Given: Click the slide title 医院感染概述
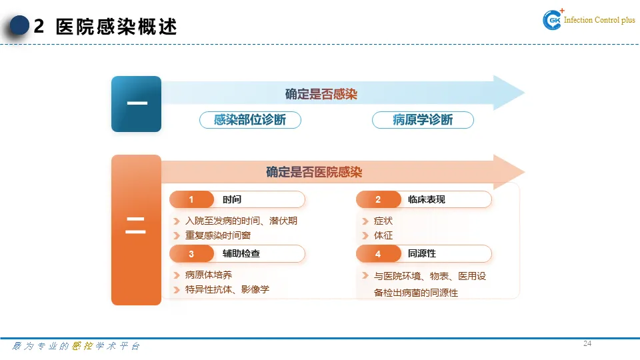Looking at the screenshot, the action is click(117, 27).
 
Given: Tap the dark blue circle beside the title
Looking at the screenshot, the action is click(20, 26).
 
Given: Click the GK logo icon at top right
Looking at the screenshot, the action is click(553, 21).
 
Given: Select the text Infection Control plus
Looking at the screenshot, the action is click(599, 21).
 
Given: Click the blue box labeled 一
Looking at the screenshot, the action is click(136, 104).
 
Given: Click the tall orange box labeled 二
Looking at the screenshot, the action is click(136, 230).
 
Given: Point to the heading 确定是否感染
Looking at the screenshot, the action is click(321, 94).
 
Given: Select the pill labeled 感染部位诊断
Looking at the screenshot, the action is click(250, 120).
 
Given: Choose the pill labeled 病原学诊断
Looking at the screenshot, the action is click(423, 120).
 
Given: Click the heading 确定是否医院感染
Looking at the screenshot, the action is click(314, 173).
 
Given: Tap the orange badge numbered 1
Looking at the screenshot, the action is click(191, 199).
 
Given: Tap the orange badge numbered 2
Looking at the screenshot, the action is click(378, 199).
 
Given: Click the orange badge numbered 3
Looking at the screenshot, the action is click(191, 253).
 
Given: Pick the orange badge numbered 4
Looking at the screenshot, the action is click(378, 254).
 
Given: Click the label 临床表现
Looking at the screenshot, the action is click(426, 199).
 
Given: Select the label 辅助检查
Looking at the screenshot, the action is click(241, 253).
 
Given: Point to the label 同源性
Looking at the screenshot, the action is click(422, 254).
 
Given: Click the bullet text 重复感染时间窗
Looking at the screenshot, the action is click(218, 235).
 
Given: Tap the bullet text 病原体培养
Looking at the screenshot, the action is click(209, 275).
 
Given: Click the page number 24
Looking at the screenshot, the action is click(587, 344).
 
